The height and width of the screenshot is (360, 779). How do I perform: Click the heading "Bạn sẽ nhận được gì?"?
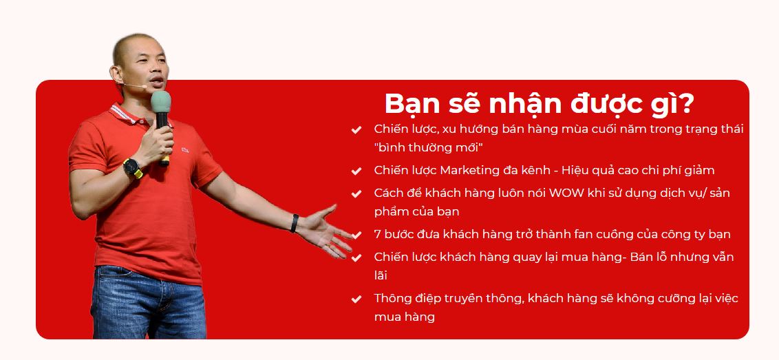pos(538,104)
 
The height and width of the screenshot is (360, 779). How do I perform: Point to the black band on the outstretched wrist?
pos(295,223)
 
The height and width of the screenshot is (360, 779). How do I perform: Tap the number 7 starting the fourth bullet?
pos(378,234)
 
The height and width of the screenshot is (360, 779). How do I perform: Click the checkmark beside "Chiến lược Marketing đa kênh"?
pos(356,171)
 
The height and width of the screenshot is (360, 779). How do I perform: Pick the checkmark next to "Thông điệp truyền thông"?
pos(356,299)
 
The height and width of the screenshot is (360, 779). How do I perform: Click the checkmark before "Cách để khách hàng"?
pos(356,193)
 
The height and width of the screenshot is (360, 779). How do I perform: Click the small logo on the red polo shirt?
pos(185,149)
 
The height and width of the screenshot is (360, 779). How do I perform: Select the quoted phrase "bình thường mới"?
pos(428,147)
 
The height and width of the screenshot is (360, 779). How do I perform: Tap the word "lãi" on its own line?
pos(381,275)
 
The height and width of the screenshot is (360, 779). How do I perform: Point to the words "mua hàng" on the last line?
pos(404,317)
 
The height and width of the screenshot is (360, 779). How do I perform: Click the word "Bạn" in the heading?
pos(407,104)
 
